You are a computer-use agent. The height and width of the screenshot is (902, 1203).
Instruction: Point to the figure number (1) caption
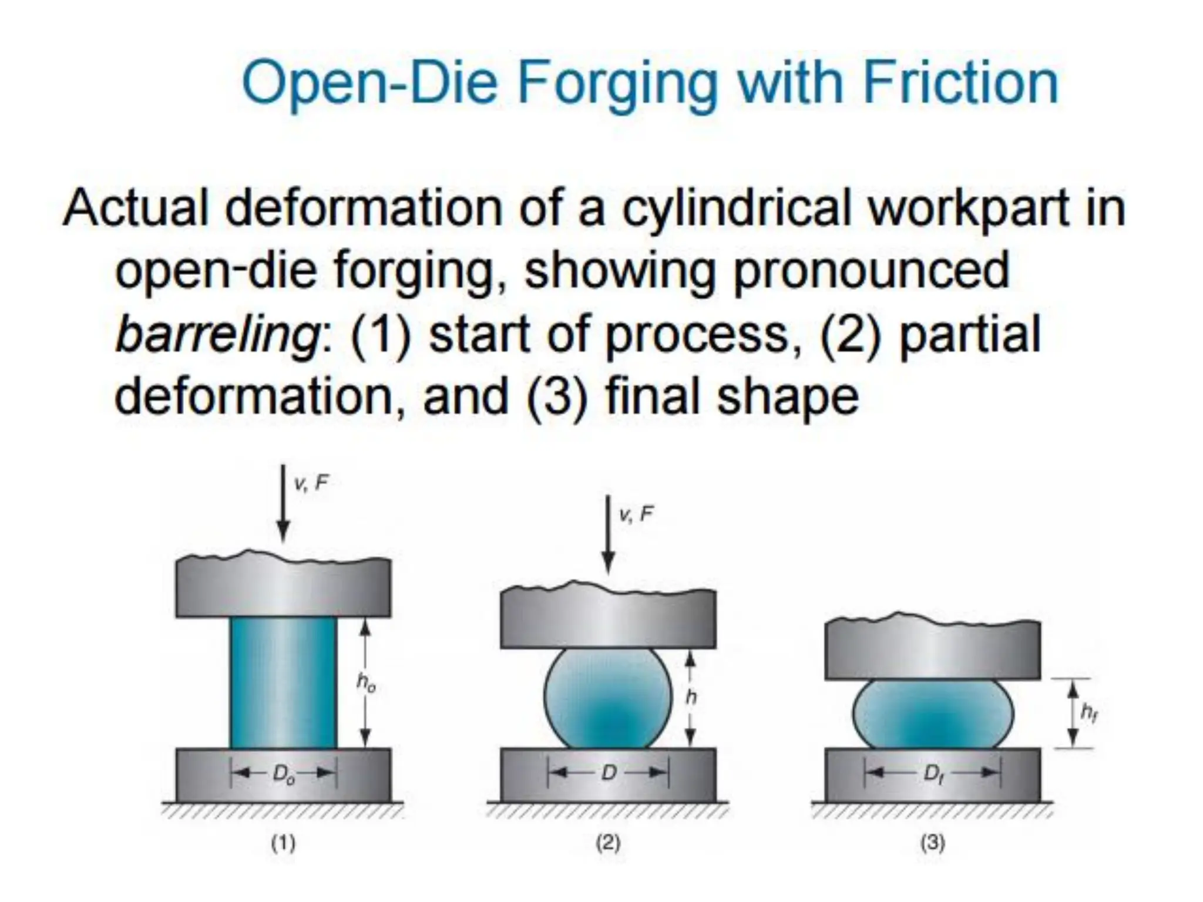(283, 843)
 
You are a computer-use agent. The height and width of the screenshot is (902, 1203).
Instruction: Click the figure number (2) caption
(608, 843)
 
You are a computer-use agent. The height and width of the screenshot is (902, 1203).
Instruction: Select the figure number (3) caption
(933, 843)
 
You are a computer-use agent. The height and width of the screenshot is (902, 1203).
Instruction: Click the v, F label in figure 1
(311, 483)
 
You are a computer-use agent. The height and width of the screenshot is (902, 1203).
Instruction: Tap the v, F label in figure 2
(636, 514)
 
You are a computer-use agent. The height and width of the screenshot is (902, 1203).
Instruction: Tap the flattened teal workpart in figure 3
(933, 714)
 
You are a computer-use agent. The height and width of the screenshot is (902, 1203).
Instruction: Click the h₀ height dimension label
(367, 682)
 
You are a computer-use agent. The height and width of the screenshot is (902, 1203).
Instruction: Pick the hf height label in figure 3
(1088, 713)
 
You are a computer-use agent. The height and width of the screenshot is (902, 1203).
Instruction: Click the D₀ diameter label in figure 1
(283, 775)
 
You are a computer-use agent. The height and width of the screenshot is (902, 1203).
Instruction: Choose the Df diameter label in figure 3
(933, 774)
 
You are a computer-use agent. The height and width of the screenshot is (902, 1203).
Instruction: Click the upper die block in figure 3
(933, 649)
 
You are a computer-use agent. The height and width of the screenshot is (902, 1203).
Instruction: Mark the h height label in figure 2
(691, 697)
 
